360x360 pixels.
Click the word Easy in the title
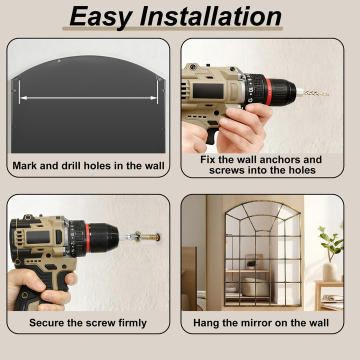pyautogui.click(x=100, y=17)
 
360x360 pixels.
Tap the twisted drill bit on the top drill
pyautogui.click(x=315, y=93)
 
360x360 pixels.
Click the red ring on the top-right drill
pyautogui.click(x=268, y=92)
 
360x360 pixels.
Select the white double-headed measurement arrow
pyautogui.click(x=88, y=98)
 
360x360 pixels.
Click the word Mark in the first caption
pyautogui.click(x=24, y=165)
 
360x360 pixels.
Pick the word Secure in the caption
pyautogui.click(x=47, y=322)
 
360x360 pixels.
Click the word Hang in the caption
pyautogui.click(x=206, y=323)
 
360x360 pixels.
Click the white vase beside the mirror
pyautogui.click(x=330, y=271)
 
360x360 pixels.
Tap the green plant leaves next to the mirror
pyautogui.click(x=330, y=241)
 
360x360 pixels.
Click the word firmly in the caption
pyautogui.click(x=132, y=323)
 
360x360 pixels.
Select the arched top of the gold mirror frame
pyautogui.click(x=263, y=202)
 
